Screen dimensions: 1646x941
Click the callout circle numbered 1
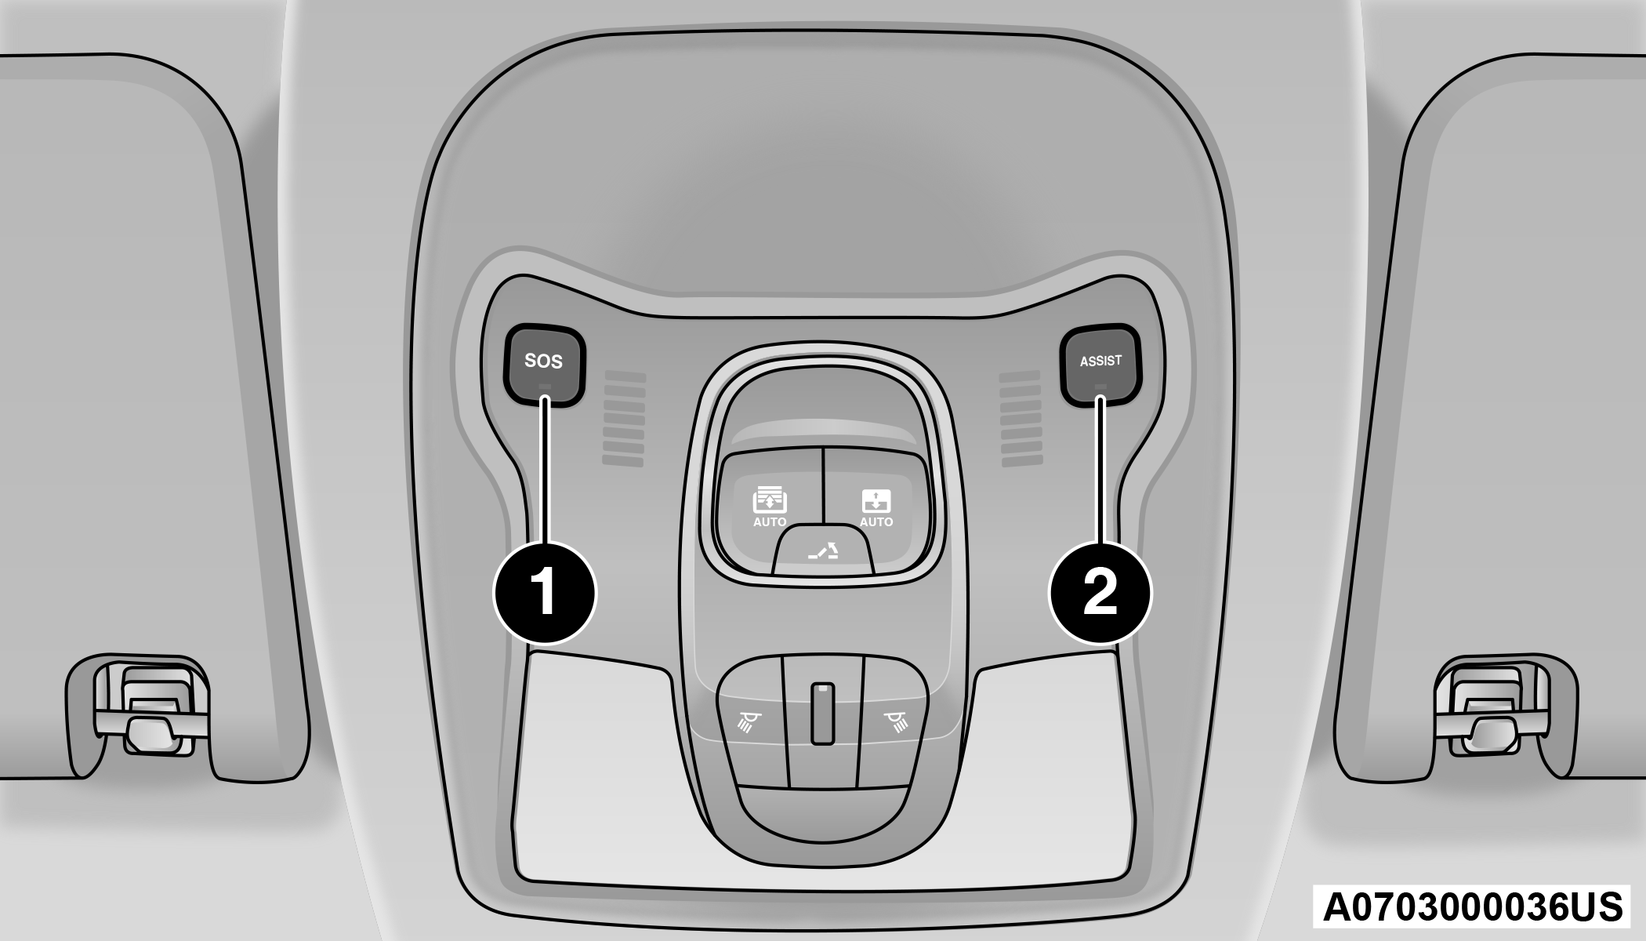[545, 592]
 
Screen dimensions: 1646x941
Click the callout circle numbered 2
[1100, 592]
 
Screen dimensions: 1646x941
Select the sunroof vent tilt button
[823, 550]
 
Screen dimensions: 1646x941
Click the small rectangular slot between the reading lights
[822, 713]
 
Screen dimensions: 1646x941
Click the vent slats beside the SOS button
[624, 419]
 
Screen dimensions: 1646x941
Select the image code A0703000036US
[1472, 907]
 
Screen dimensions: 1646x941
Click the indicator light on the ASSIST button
[1100, 386]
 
